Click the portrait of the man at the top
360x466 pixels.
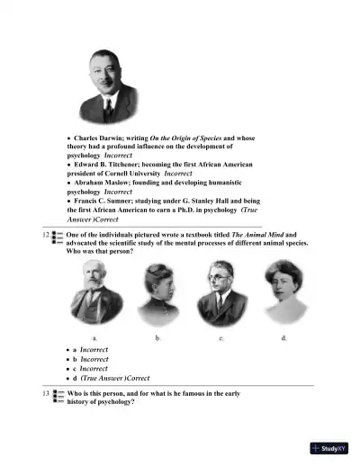pos(109,85)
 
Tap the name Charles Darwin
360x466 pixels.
pos(97,138)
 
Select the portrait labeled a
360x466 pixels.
pos(95,294)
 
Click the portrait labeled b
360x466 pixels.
pos(160,294)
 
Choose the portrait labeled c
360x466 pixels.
pos(221,294)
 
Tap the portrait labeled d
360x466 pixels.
pos(284,294)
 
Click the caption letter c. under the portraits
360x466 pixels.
pos(221,336)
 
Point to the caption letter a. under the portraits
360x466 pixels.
pos(94,336)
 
